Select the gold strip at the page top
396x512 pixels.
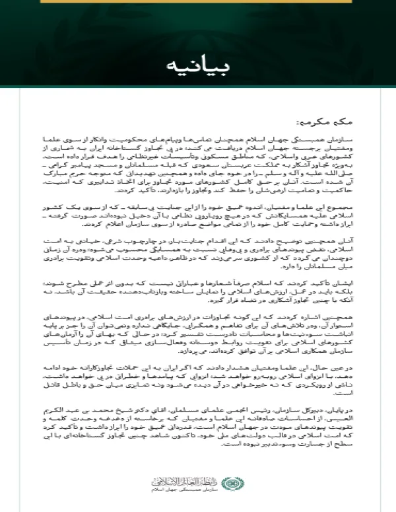pos(197,3)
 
